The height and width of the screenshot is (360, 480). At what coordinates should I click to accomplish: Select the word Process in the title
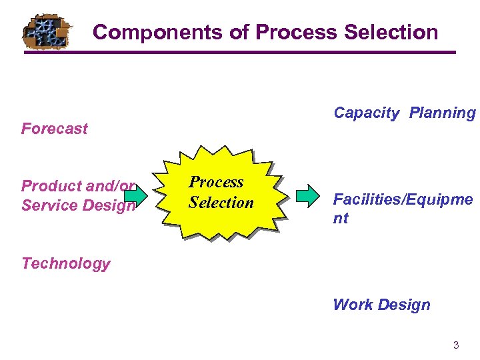pyautogui.click(x=294, y=32)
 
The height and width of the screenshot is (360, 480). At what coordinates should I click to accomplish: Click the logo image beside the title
pyautogui.click(x=45, y=31)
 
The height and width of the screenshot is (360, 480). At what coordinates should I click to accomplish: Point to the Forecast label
pyautogui.click(x=54, y=129)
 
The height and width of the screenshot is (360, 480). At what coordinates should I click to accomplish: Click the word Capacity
pyautogui.click(x=366, y=113)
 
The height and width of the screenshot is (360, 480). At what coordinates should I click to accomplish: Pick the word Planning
pyautogui.click(x=443, y=113)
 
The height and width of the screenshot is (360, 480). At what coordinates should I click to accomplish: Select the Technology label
pyautogui.click(x=65, y=263)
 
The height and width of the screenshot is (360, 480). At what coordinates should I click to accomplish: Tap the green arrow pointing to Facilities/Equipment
pyautogui.click(x=308, y=196)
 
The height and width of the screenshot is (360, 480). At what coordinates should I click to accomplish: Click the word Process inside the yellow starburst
pyautogui.click(x=216, y=182)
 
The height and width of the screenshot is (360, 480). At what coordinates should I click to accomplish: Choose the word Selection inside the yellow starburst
pyautogui.click(x=221, y=202)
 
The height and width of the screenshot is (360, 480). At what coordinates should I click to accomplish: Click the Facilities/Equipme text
pyautogui.click(x=403, y=199)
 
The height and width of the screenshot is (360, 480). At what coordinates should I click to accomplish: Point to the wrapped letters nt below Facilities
pyautogui.click(x=341, y=218)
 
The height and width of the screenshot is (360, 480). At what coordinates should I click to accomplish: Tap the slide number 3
pyautogui.click(x=456, y=345)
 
